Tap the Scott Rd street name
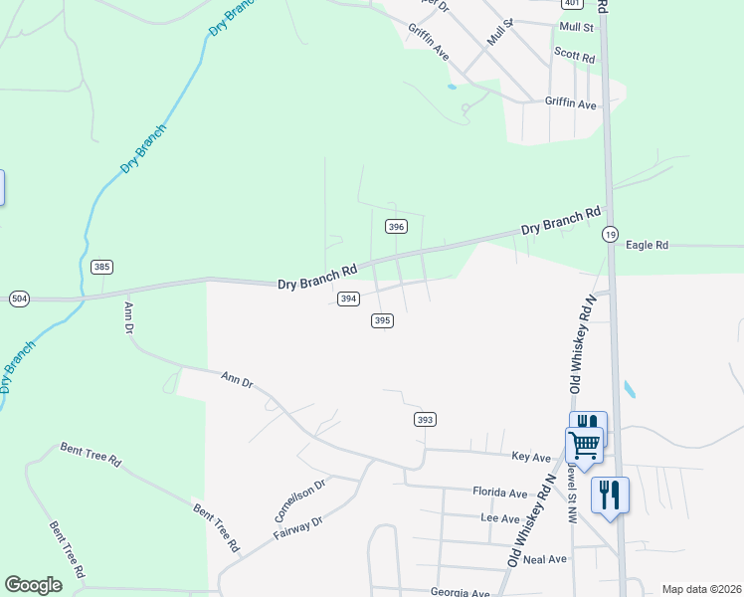pyautogui.click(x=574, y=57)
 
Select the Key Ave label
pyautogui.click(x=531, y=457)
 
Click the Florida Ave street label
pyautogui.click(x=499, y=493)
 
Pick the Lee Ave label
pyautogui.click(x=500, y=518)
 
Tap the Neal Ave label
pyautogui.click(x=544, y=559)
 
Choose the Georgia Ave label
pyautogui.click(x=461, y=592)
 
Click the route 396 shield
pyautogui.click(x=396, y=227)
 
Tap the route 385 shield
pyautogui.click(x=100, y=267)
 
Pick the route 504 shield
pyautogui.click(x=19, y=298)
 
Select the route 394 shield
pyautogui.click(x=348, y=298)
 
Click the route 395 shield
pyautogui.click(x=383, y=320)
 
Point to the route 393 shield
pyautogui.click(x=425, y=420)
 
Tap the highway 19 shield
pyautogui.click(x=610, y=235)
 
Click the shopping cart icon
pyautogui.click(x=584, y=444)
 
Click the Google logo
pyautogui.click(x=34, y=585)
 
